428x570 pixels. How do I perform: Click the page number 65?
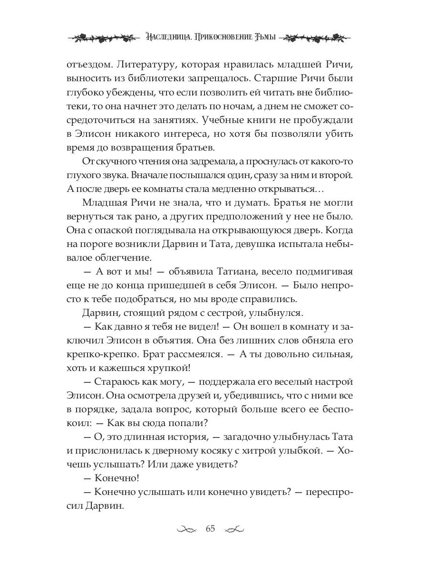tap(210, 529)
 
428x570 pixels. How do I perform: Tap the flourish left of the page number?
tap(186, 530)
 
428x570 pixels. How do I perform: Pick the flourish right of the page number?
tap(234, 530)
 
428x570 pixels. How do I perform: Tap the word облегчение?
tap(121, 259)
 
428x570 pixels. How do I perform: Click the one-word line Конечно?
tap(115, 479)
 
